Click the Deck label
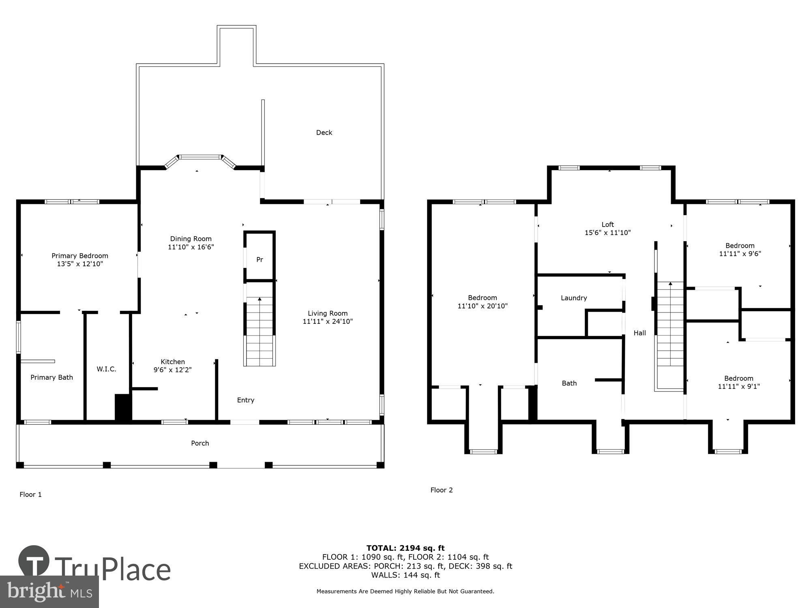[x=324, y=133]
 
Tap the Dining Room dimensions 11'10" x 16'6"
[x=191, y=247]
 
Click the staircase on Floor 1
[x=260, y=330]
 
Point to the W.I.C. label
[x=106, y=369]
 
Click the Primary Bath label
[x=51, y=377]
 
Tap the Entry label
[x=245, y=400]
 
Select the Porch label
[x=200, y=443]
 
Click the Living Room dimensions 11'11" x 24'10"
[x=328, y=321]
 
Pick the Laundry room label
[x=574, y=298]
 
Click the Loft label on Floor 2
[x=607, y=225]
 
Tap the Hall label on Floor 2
[x=639, y=333]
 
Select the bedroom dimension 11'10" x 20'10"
[x=483, y=306]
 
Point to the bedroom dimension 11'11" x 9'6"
[x=740, y=254]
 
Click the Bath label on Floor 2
[x=569, y=383]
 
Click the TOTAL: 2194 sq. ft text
[x=405, y=548]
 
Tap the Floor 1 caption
[x=30, y=495]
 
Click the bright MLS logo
[x=49, y=592]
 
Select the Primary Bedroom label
[x=80, y=256]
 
